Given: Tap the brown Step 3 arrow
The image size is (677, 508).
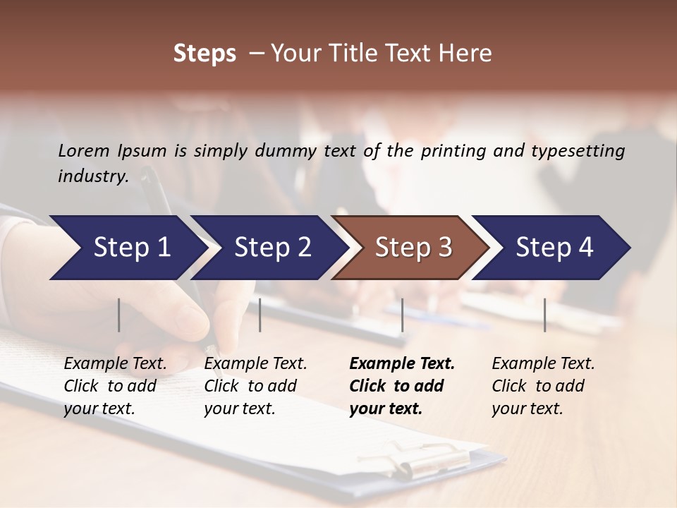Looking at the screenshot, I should coord(413,248).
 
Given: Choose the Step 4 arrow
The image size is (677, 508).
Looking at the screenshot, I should coord(554,248).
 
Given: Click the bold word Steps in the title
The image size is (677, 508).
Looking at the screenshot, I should coord(205,54).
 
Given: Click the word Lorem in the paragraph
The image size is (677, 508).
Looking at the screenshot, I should coord(84,151).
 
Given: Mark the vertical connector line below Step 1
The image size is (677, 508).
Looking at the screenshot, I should coord(119,315).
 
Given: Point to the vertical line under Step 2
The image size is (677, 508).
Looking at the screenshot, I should coord(260,315).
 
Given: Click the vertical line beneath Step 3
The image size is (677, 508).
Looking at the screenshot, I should coord(402,315).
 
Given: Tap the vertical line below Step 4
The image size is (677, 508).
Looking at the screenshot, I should coord(545,315).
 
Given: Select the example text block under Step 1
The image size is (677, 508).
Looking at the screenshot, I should coord(115,386).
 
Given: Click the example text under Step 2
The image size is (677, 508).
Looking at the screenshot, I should coord(255,386).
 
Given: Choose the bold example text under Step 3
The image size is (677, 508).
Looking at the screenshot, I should coord(401,386).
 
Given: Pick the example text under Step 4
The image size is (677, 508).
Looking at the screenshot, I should coord(543,386).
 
